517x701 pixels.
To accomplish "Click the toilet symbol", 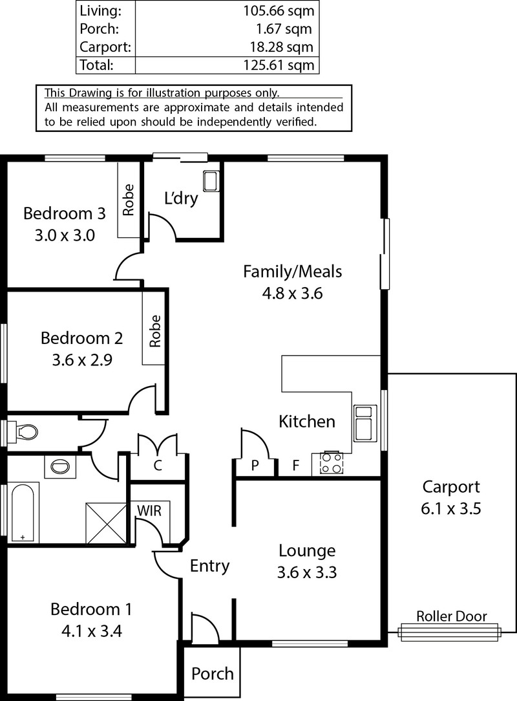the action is click(23, 432).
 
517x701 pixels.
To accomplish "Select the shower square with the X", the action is click(106, 523).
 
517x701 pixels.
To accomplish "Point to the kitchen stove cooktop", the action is click(332, 463).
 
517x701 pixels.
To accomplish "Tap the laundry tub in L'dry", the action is click(211, 180).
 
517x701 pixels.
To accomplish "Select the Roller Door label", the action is click(451, 616).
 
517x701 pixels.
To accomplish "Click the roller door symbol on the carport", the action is click(449, 632).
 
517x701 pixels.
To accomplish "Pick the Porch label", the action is click(212, 674).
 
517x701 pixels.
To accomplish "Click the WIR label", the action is click(149, 510).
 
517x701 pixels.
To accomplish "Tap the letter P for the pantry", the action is click(255, 466).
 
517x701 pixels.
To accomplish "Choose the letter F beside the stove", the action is click(295, 466).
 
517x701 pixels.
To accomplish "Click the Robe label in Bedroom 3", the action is click(128, 200).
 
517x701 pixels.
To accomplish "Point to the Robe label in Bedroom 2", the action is click(154, 331).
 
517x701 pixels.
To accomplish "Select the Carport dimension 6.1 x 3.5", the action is click(451, 509).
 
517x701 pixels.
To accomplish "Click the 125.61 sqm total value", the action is click(279, 65).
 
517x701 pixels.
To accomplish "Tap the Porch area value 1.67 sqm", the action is click(284, 29).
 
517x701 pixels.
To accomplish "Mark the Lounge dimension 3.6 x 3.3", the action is click(306, 572).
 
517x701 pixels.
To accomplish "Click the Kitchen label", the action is click(306, 422).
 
